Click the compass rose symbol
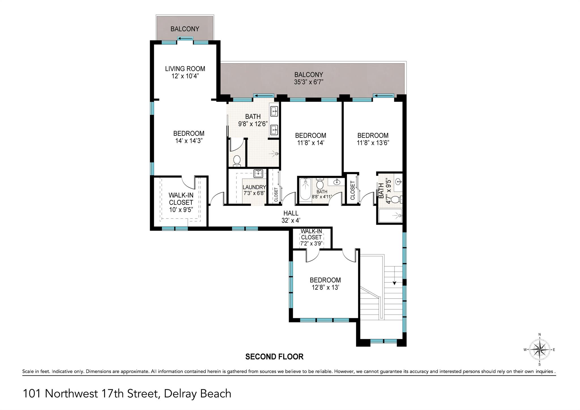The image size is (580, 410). coord(539,350)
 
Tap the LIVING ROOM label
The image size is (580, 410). coord(185,69)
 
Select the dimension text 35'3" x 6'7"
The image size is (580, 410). coord(308,82)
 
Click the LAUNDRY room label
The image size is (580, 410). coord(254,187)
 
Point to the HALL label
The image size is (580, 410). coord(291,213)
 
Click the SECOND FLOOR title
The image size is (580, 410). coord(274,357)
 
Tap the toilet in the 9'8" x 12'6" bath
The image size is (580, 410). coord(237,161)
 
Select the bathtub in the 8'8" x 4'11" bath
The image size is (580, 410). coord(305,190)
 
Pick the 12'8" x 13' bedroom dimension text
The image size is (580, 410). coord(325,287)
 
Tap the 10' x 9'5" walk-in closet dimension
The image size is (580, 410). coord(181,210)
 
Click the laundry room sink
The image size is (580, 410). coord(258,173)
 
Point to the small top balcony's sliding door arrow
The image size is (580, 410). coord(185,39)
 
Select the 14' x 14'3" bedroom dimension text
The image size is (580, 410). coord(189,141)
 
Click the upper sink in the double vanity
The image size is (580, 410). coord(274,111)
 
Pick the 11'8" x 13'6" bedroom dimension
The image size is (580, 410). coord(373,143)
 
